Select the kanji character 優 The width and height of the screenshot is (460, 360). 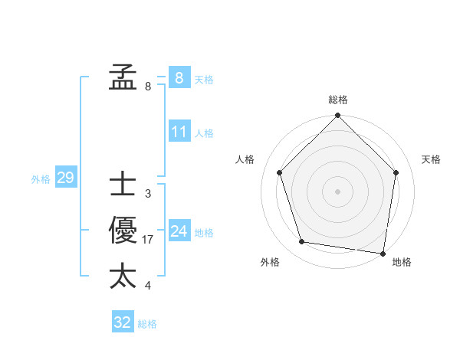point(123,231)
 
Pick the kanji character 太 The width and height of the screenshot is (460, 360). point(123,277)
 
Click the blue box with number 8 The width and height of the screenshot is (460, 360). point(179,77)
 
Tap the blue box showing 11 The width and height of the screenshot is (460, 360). point(179,132)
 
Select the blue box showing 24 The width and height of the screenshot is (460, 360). point(179,231)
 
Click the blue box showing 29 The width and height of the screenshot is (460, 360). point(65,178)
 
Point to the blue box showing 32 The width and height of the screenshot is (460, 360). point(123,322)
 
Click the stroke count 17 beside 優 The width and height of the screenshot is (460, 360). point(148,240)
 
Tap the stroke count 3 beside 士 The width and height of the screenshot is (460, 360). point(147,194)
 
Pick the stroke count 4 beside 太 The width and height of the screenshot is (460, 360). point(147,286)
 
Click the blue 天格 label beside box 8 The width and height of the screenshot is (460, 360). point(204,79)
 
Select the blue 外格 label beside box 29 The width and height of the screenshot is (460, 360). point(41,179)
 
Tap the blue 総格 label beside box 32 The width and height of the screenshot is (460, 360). point(147,324)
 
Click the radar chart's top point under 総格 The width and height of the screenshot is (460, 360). point(337,116)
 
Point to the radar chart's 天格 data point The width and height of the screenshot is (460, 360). point(396,172)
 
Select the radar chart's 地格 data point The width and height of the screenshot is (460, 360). point(383,253)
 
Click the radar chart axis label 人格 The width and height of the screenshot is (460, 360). point(245,159)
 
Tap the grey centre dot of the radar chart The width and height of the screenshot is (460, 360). point(337,191)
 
